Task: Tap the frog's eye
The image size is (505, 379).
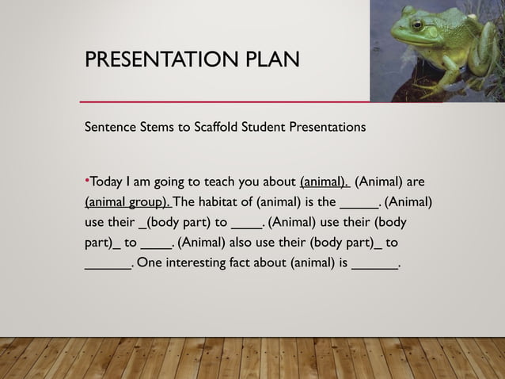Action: pyautogui.click(x=417, y=25)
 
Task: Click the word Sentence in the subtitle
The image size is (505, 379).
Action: pyautogui.click(x=111, y=127)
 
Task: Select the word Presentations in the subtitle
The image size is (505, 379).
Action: pyautogui.click(x=336, y=127)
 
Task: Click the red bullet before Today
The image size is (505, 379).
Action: pyautogui.click(x=87, y=179)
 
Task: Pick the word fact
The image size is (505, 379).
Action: pyautogui.click(x=262, y=262)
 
